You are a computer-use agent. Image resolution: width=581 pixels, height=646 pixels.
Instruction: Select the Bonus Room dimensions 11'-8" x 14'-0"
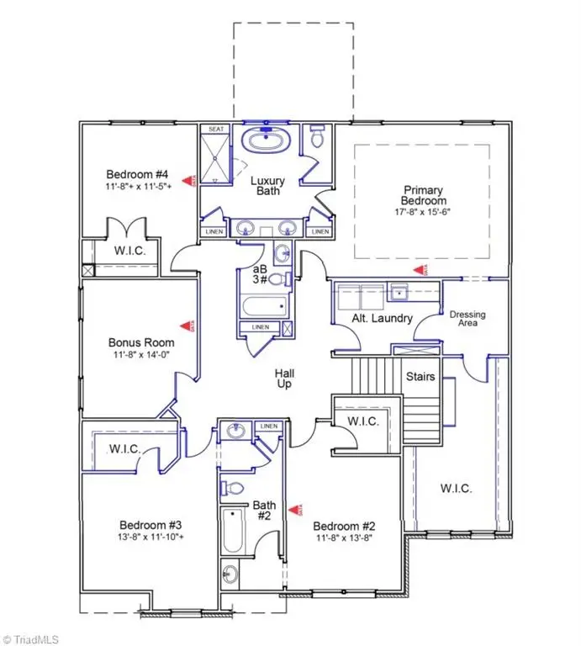coord(141,356)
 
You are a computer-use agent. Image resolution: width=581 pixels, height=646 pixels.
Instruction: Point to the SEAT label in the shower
coord(216,130)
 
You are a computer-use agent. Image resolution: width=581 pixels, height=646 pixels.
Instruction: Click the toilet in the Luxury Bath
coord(317,137)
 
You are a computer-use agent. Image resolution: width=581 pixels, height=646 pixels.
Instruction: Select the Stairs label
coord(420,376)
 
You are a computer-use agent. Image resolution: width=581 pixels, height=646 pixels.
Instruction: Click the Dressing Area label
coord(467,320)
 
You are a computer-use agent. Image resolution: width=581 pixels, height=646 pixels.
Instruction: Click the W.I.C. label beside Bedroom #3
coord(124,449)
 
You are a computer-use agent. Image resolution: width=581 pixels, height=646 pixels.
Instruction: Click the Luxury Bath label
coord(270,186)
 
